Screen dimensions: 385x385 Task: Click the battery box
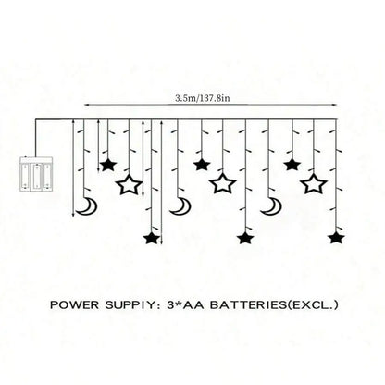(36, 174)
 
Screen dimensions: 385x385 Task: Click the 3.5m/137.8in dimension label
(203, 98)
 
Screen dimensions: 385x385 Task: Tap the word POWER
(75, 305)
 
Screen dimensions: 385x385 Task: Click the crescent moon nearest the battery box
(87, 206)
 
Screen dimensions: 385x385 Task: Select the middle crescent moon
(180, 206)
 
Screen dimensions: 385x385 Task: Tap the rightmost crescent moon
(271, 206)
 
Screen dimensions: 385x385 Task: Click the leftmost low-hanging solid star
(152, 239)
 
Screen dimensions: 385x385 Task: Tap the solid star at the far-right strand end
(336, 239)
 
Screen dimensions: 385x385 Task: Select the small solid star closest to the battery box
(107, 166)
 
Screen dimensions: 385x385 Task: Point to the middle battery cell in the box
(36, 176)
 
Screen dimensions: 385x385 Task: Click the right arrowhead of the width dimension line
(334, 105)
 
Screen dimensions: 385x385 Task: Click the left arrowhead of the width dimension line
(87, 105)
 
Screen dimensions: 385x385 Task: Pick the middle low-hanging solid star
(245, 239)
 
